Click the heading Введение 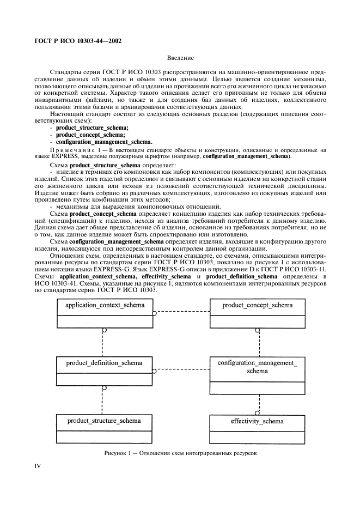coord(180,58)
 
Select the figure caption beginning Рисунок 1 coord(180,453)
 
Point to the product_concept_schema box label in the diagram coord(257,305)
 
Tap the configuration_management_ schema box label coord(257,367)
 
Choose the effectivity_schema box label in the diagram coord(257,421)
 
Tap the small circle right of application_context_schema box coord(155,313)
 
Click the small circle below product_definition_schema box coord(102,388)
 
